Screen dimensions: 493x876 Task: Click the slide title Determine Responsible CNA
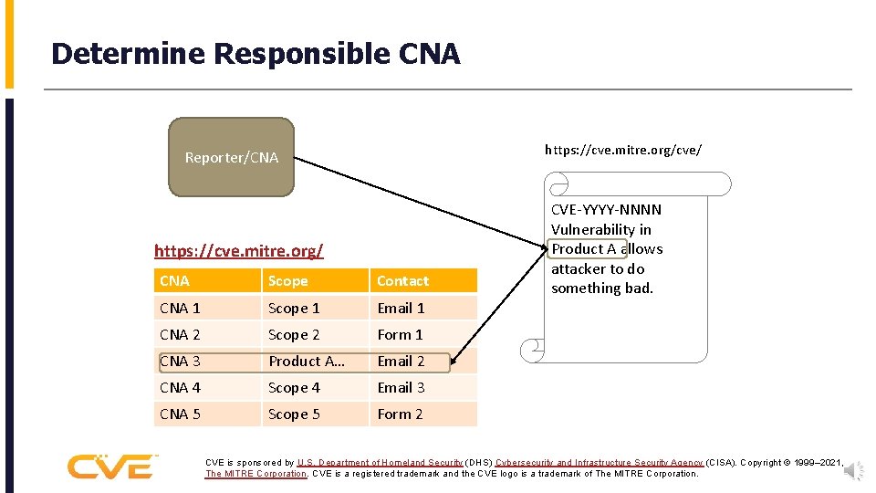pos(255,54)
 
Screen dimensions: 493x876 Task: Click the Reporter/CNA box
pos(232,157)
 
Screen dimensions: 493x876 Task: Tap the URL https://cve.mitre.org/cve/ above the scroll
pos(623,149)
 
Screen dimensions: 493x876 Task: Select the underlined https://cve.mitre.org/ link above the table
pos(238,249)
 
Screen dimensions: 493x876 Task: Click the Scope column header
pos(288,281)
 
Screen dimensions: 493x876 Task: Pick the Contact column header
pos(402,281)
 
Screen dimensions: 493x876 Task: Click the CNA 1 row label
pos(180,308)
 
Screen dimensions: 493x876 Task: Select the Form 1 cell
pos(400,334)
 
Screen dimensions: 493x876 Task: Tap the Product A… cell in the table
pos(307,361)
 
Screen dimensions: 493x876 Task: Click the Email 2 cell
pos(401,361)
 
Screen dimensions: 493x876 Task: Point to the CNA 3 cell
pos(180,361)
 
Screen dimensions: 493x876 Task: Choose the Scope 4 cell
pos(294,387)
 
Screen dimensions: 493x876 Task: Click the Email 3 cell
pos(401,387)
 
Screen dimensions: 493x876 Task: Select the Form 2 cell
pos(400,414)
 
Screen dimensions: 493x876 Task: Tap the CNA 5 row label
pos(180,414)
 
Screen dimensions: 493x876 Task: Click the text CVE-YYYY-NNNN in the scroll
pos(606,210)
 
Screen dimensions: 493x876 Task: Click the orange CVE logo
pos(110,466)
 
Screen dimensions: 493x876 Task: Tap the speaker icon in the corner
pos(852,470)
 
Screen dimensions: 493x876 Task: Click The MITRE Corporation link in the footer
pos(255,474)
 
